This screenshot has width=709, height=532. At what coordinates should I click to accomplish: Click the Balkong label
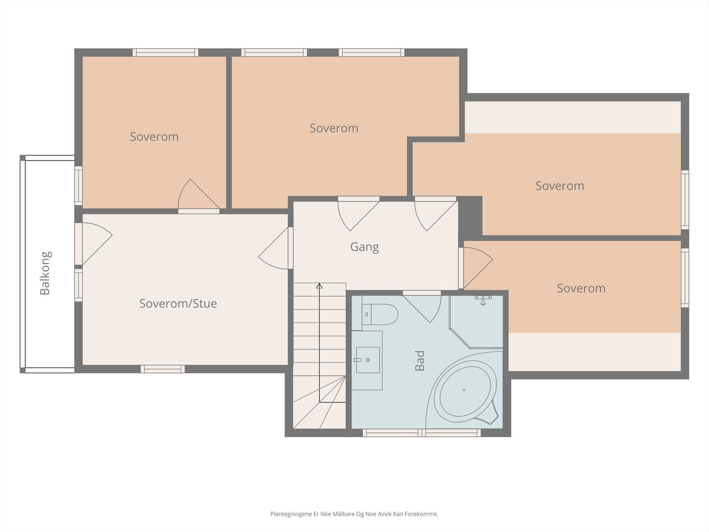click(45, 273)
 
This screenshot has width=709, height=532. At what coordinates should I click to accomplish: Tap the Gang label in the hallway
click(364, 247)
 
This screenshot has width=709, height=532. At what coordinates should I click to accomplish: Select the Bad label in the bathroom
click(419, 360)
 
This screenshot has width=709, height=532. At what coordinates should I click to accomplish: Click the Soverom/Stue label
click(178, 304)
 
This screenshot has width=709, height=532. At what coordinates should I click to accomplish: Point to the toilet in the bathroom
click(379, 314)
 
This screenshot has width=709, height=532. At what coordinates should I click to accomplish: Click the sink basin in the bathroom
click(368, 360)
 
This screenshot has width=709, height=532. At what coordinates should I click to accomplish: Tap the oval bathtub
click(465, 391)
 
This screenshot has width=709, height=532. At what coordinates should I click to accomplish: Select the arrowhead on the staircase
click(319, 286)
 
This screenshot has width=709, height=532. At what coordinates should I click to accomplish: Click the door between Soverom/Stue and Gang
click(273, 248)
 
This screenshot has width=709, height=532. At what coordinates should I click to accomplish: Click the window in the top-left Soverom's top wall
click(165, 52)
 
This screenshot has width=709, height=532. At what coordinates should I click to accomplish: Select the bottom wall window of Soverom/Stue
click(163, 369)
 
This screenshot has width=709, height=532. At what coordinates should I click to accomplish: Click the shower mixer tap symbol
click(483, 299)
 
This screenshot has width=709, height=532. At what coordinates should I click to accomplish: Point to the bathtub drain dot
click(464, 390)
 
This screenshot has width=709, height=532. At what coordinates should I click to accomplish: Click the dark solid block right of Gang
click(470, 215)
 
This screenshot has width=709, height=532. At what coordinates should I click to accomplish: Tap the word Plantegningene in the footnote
click(291, 514)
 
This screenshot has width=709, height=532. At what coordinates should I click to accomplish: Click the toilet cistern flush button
click(366, 314)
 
